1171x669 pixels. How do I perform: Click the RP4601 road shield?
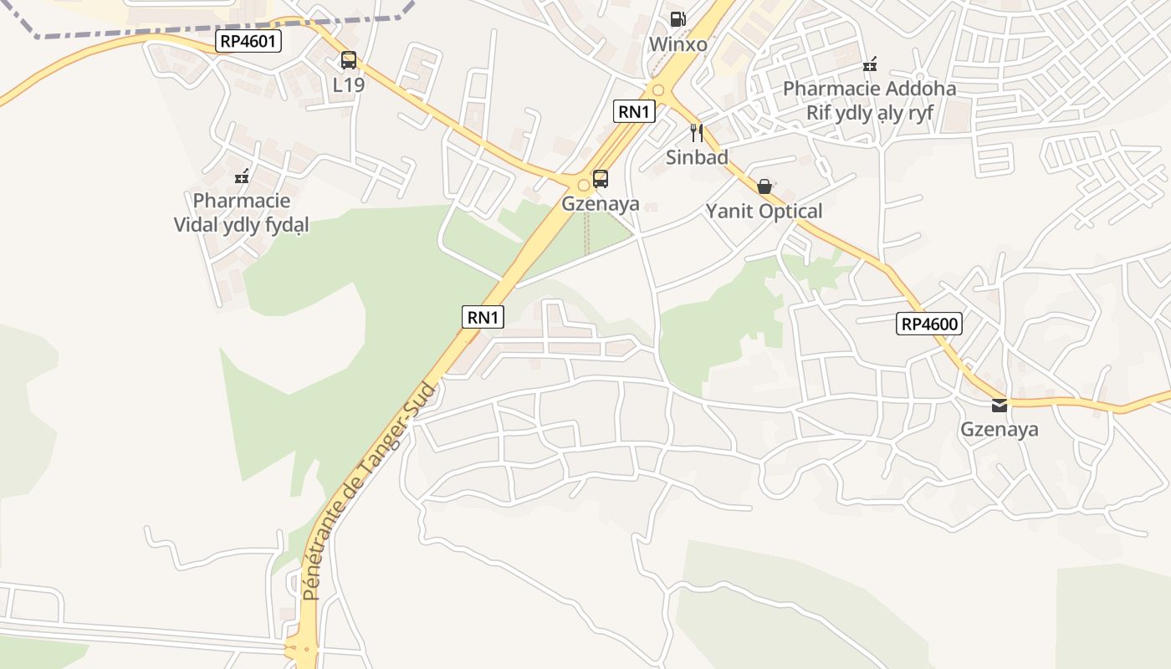[x=248, y=41]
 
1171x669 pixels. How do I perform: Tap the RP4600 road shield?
[x=928, y=324]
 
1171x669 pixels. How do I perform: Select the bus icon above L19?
[x=349, y=60]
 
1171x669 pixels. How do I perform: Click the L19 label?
[x=349, y=84]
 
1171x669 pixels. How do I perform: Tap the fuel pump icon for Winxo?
[x=678, y=18]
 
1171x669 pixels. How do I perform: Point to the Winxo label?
[x=678, y=44]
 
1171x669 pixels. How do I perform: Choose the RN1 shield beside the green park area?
[x=483, y=317]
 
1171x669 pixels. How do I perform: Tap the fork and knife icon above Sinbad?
[x=697, y=132]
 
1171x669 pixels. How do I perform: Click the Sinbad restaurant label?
[x=697, y=157]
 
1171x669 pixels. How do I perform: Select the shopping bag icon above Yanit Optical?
[x=764, y=186]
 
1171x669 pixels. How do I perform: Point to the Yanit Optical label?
[x=764, y=212]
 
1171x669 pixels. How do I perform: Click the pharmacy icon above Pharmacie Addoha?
[x=870, y=64]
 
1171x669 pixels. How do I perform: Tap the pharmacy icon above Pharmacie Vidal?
[x=242, y=176]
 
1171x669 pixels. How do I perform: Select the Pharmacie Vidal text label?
[x=242, y=212]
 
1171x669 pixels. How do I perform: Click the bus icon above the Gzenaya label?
[x=601, y=178]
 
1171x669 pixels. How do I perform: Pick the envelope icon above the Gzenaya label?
[x=1000, y=406]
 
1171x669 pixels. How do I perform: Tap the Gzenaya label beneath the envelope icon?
[x=1000, y=430]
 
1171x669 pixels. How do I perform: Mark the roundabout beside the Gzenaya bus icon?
[x=584, y=185]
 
